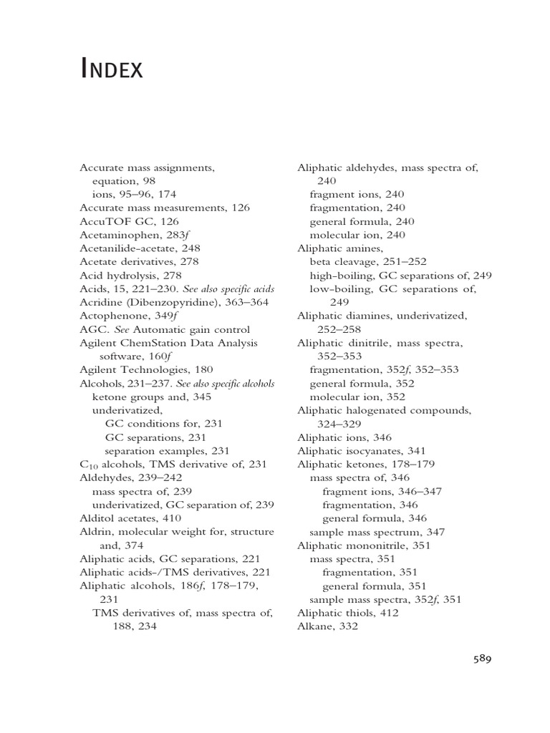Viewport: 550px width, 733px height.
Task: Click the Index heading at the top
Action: coord(112,69)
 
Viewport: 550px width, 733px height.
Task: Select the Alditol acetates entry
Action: coord(130,518)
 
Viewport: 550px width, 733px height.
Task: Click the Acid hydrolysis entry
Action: coord(130,275)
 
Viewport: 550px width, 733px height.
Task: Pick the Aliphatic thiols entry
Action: coord(348,613)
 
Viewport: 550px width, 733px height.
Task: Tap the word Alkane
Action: coord(315,626)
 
